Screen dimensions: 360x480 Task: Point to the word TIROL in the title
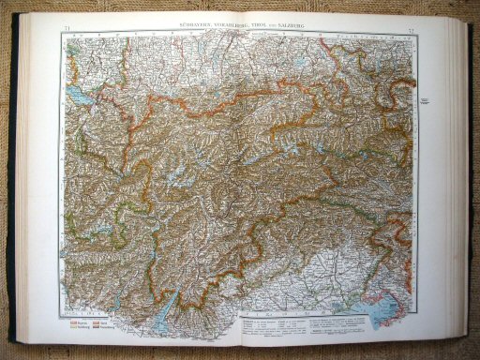[257, 24]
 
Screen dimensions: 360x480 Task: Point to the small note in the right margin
[424, 97]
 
